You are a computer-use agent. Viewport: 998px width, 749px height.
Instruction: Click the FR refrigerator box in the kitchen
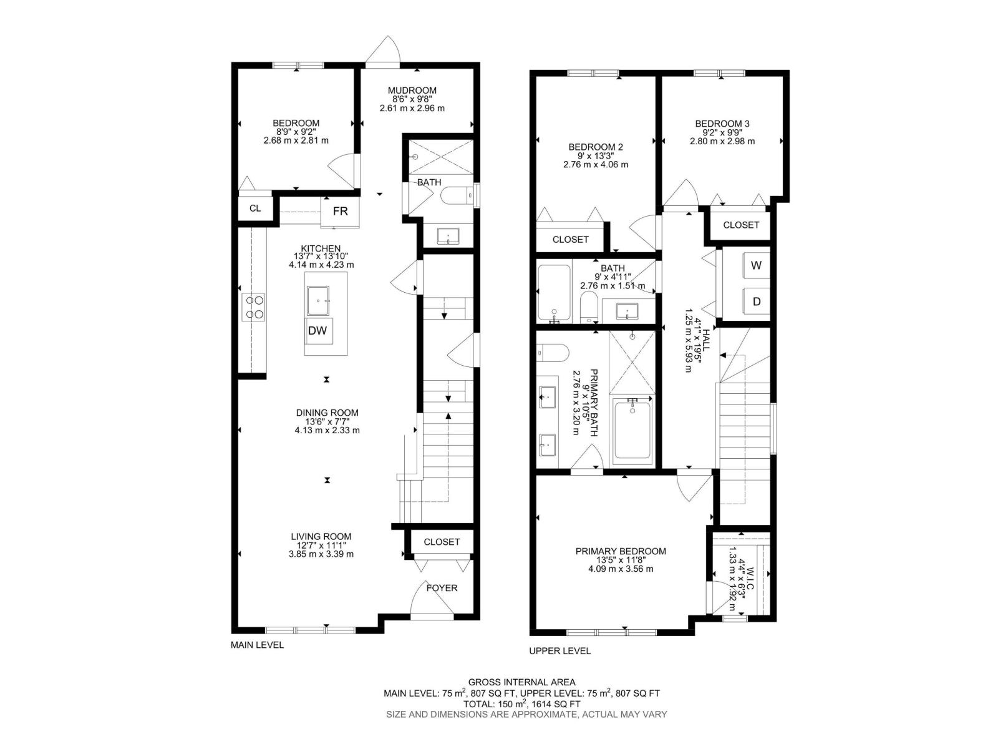pyautogui.click(x=340, y=211)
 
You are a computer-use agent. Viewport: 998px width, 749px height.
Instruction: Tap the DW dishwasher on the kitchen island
pyautogui.click(x=318, y=331)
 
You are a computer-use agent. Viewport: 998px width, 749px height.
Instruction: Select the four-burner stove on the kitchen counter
pyautogui.click(x=254, y=307)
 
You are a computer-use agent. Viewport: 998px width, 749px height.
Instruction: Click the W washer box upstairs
pyautogui.click(x=756, y=265)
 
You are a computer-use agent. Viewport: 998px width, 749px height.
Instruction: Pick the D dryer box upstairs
pyautogui.click(x=756, y=301)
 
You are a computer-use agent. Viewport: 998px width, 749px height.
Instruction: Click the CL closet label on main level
pyautogui.click(x=255, y=208)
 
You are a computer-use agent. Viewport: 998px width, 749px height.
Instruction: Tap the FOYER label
pyautogui.click(x=442, y=588)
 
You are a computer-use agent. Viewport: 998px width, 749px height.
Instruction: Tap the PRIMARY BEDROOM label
pyautogui.click(x=621, y=551)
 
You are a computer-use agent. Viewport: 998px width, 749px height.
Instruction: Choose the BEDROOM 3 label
pyautogui.click(x=722, y=124)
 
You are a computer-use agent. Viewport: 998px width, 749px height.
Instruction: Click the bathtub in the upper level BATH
pyautogui.click(x=554, y=293)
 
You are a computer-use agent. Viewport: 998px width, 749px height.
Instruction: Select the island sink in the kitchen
pyautogui.click(x=322, y=301)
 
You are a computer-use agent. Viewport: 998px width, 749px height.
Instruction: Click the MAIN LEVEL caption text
pyautogui.click(x=257, y=645)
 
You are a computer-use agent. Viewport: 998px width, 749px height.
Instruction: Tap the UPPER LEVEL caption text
pyautogui.click(x=560, y=651)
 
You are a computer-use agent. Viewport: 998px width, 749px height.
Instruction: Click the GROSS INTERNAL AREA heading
pyautogui.click(x=521, y=682)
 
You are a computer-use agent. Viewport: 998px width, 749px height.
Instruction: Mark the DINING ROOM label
pyautogui.click(x=327, y=413)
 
